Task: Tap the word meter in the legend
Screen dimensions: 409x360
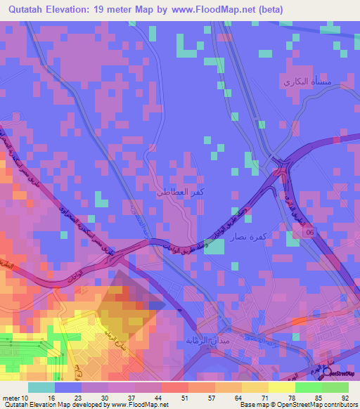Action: [x=11, y=398]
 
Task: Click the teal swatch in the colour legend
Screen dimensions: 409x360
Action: [x=41, y=387]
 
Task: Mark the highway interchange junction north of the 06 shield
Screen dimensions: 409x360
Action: [x=283, y=169]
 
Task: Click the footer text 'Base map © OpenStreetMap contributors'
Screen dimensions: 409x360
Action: [x=297, y=405]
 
